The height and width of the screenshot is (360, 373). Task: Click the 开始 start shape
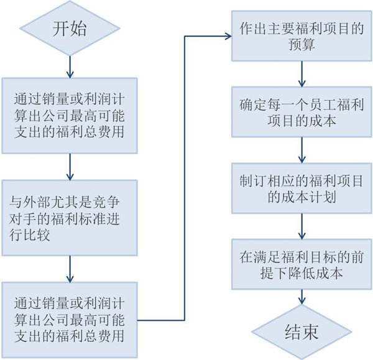point(69,30)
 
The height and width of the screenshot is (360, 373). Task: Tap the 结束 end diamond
point(302,331)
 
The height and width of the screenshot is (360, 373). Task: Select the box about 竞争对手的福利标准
point(70,218)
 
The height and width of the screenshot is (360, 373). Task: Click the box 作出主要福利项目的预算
point(302,36)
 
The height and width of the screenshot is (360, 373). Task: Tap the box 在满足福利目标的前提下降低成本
point(302,263)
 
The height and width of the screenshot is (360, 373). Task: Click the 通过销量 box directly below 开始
point(70,115)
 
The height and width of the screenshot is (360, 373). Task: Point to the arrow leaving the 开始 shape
point(70,65)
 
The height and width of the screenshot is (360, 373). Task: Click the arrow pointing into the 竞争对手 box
point(70,167)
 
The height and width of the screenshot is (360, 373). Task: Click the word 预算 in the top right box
point(302,46)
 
